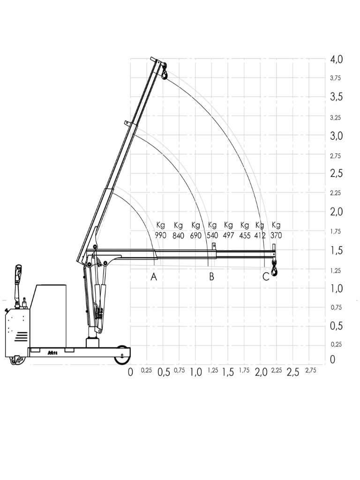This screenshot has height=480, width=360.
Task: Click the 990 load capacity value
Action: coord(160,235)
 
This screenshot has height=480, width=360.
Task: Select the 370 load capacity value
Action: coord(276,235)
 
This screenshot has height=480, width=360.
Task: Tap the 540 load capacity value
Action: coord(212,235)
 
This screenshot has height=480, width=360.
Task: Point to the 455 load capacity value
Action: coord(245,235)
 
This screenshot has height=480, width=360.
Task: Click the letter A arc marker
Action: coord(154,277)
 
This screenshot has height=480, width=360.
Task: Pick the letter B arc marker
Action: coord(211,277)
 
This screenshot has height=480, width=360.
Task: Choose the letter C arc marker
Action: coord(266,277)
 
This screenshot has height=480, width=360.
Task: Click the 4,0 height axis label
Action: coord(337,60)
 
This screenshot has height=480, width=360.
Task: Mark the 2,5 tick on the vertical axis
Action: coord(337,173)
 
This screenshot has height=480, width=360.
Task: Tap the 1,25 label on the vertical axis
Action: coord(336,270)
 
